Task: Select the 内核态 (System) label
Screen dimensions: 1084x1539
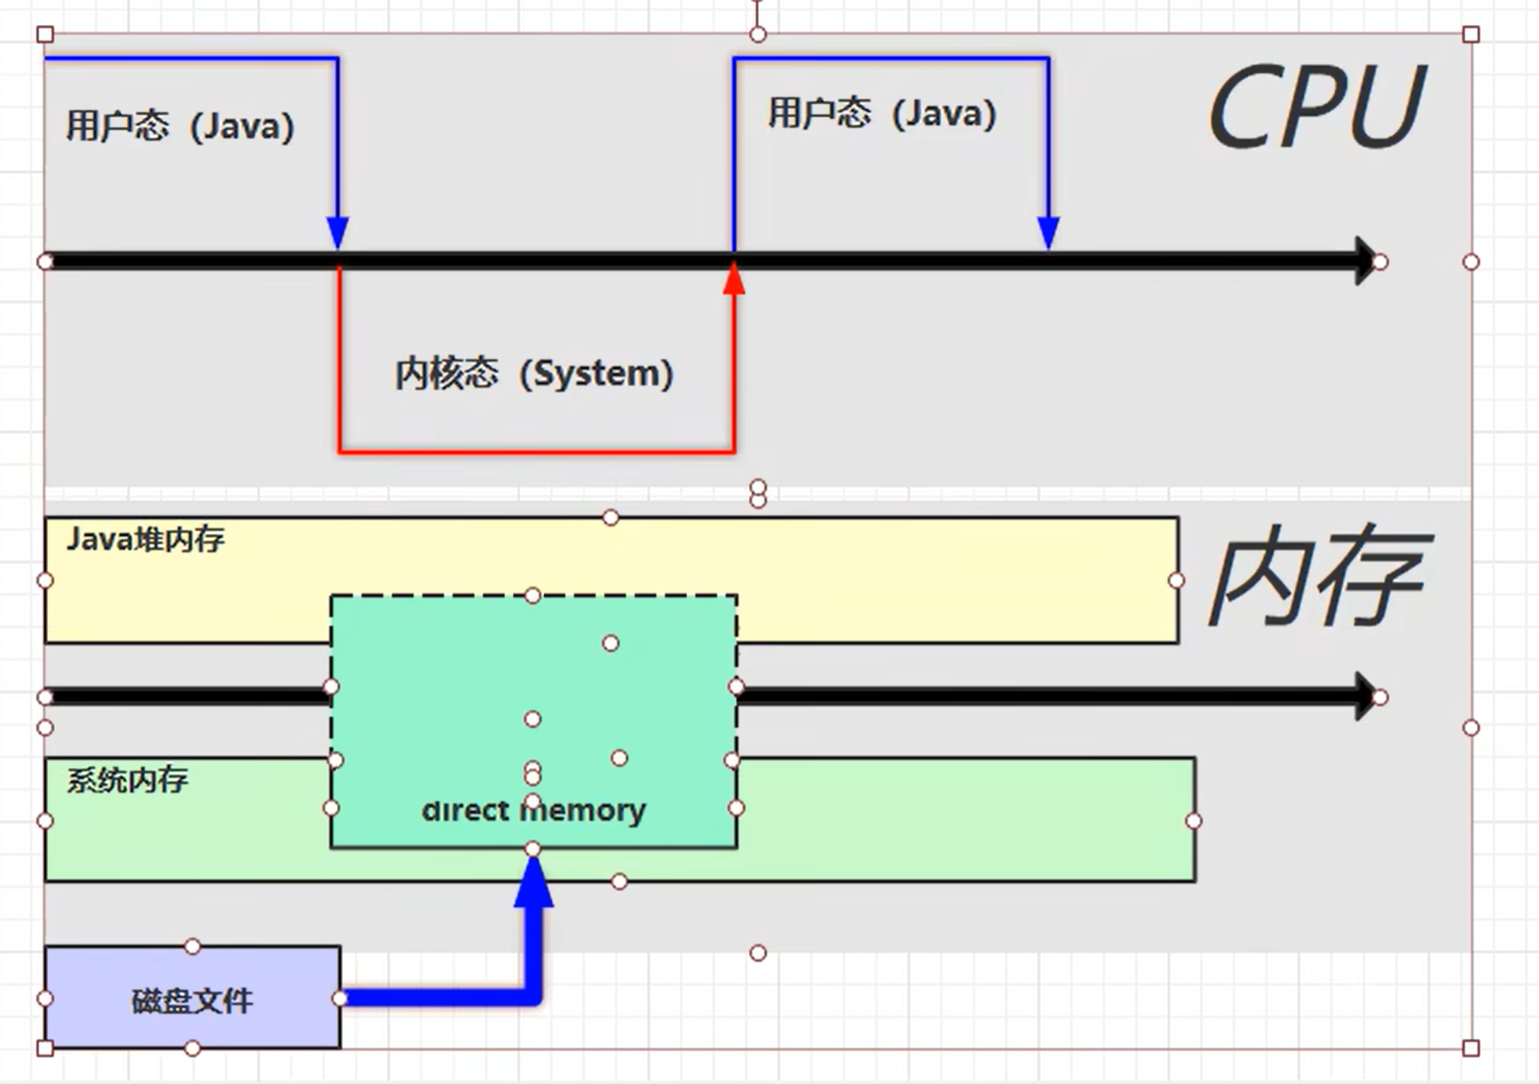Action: [534, 374]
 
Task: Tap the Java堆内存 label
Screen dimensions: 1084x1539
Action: [145, 540]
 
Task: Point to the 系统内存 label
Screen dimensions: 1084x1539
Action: [127, 779]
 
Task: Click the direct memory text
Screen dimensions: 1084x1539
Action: [533, 811]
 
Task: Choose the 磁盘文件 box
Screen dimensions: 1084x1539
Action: [192, 998]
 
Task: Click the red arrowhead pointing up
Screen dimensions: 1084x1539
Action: [734, 279]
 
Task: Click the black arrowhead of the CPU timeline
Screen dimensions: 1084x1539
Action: [1364, 260]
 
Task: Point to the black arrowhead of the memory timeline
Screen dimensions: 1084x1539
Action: [1364, 696]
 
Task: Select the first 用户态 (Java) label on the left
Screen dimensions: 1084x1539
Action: [180, 127]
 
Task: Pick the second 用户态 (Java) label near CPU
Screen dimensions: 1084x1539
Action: [881, 114]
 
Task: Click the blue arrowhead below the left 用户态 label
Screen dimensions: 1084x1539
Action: [338, 232]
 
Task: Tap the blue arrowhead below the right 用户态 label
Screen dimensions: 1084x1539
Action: [1049, 232]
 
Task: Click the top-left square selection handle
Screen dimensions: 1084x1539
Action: [45, 35]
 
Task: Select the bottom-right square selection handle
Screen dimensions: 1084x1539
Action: [1471, 1047]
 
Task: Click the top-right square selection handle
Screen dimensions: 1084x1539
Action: [1471, 35]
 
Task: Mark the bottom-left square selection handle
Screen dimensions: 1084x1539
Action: [45, 1047]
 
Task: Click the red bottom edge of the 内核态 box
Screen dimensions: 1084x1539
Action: [536, 451]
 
